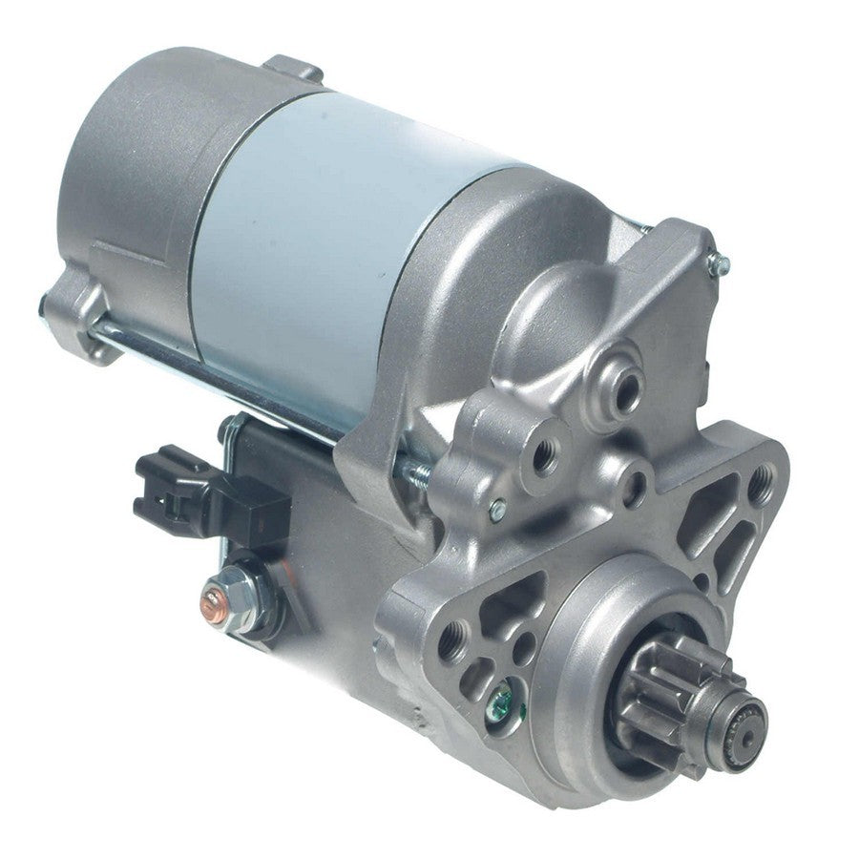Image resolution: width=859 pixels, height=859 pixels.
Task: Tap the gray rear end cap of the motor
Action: (x=143, y=162)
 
